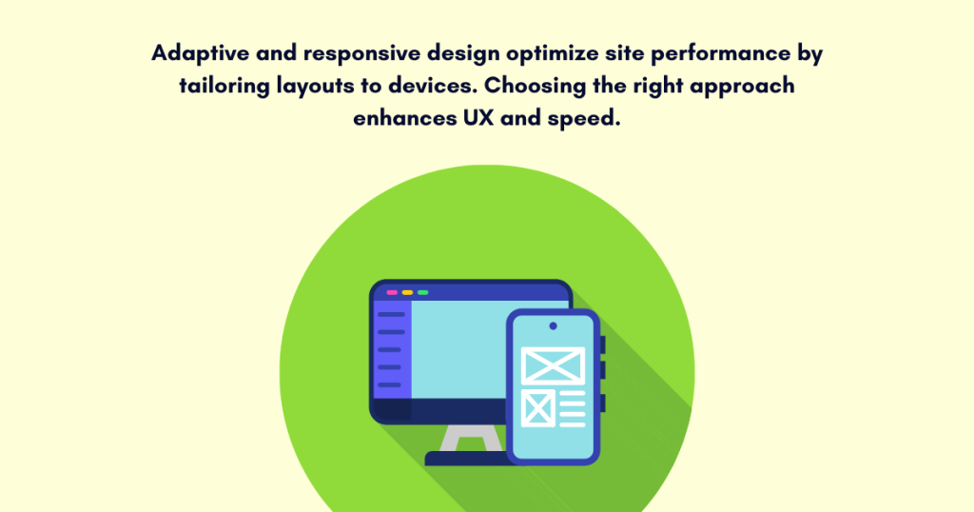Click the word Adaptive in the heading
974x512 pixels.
pyautogui.click(x=195, y=53)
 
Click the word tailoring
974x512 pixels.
pyautogui.click(x=224, y=86)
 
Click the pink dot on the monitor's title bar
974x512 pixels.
pyautogui.click(x=392, y=292)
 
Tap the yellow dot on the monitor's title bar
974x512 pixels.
pyautogui.click(x=407, y=292)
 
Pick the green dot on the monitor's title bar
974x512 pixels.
pyautogui.click(x=422, y=292)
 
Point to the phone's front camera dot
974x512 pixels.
pyautogui.click(x=553, y=325)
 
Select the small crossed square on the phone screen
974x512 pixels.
pyautogui.click(x=538, y=408)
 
